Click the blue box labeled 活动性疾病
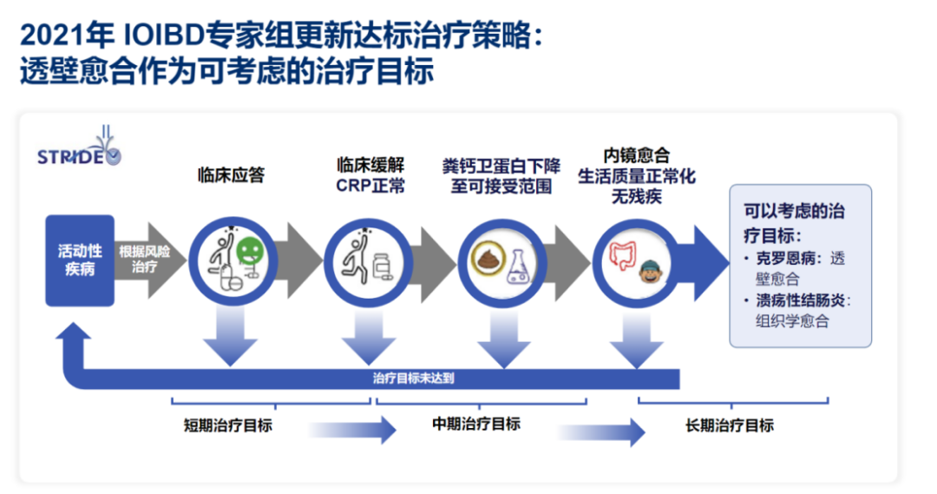tap(80, 260)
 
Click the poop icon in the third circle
tap(483, 259)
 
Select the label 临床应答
tap(231, 175)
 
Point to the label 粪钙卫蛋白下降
tap(501, 166)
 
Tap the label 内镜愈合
tap(636, 156)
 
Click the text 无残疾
tap(636, 196)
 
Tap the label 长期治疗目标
tap(729, 425)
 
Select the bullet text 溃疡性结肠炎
tap(802, 300)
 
